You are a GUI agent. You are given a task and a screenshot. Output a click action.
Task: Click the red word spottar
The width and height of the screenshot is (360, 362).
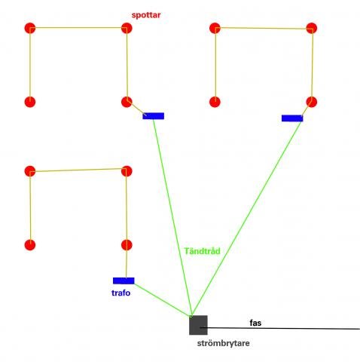pyautogui.click(x=146, y=15)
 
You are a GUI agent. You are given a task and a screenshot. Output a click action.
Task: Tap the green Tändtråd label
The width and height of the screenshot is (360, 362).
pyautogui.click(x=202, y=251)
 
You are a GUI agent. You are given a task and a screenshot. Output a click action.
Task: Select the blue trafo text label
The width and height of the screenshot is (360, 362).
pyautogui.click(x=121, y=293)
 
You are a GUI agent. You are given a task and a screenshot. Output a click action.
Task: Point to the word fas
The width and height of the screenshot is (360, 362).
pyautogui.click(x=255, y=323)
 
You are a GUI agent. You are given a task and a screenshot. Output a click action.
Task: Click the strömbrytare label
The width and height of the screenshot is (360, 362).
pyautogui.click(x=223, y=343)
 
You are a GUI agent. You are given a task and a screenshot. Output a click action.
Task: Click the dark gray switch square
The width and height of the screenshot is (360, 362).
pyautogui.click(x=198, y=325)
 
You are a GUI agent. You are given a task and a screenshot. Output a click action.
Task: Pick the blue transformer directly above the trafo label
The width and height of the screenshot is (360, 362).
pyautogui.click(x=124, y=281)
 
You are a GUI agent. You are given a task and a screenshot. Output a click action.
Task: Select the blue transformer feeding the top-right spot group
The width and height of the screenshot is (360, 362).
pyautogui.click(x=292, y=118)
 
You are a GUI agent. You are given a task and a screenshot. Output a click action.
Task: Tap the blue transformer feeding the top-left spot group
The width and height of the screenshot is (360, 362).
pyautogui.click(x=154, y=116)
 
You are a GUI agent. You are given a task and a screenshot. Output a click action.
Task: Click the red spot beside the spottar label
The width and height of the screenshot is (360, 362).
pyautogui.click(x=127, y=28)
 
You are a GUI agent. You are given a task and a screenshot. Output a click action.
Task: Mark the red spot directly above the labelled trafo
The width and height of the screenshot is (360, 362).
pyautogui.click(x=127, y=245)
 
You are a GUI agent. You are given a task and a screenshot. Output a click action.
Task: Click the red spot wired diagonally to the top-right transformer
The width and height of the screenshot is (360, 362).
pyautogui.click(x=312, y=102)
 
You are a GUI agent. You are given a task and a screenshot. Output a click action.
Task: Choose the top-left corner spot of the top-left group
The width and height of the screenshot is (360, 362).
pyautogui.click(x=30, y=28)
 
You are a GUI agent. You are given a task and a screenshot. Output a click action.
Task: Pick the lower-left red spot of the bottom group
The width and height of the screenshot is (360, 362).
pyautogui.click(x=30, y=245)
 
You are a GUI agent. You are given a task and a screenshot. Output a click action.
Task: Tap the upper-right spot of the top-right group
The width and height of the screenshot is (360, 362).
pyautogui.click(x=312, y=28)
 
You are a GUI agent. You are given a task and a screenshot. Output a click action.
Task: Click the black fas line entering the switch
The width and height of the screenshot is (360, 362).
pyautogui.click(x=280, y=328)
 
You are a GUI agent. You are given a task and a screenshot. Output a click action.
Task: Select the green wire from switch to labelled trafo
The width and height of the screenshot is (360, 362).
pyautogui.click(x=163, y=300)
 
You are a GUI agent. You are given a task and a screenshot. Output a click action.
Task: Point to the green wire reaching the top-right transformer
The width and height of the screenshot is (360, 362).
pyautogui.click(x=247, y=218)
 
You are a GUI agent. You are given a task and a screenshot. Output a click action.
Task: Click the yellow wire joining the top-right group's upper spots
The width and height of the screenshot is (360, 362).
pyautogui.click(x=264, y=28)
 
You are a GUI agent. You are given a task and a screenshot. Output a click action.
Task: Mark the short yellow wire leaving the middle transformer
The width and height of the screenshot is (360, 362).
pyautogui.click(x=136, y=109)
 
